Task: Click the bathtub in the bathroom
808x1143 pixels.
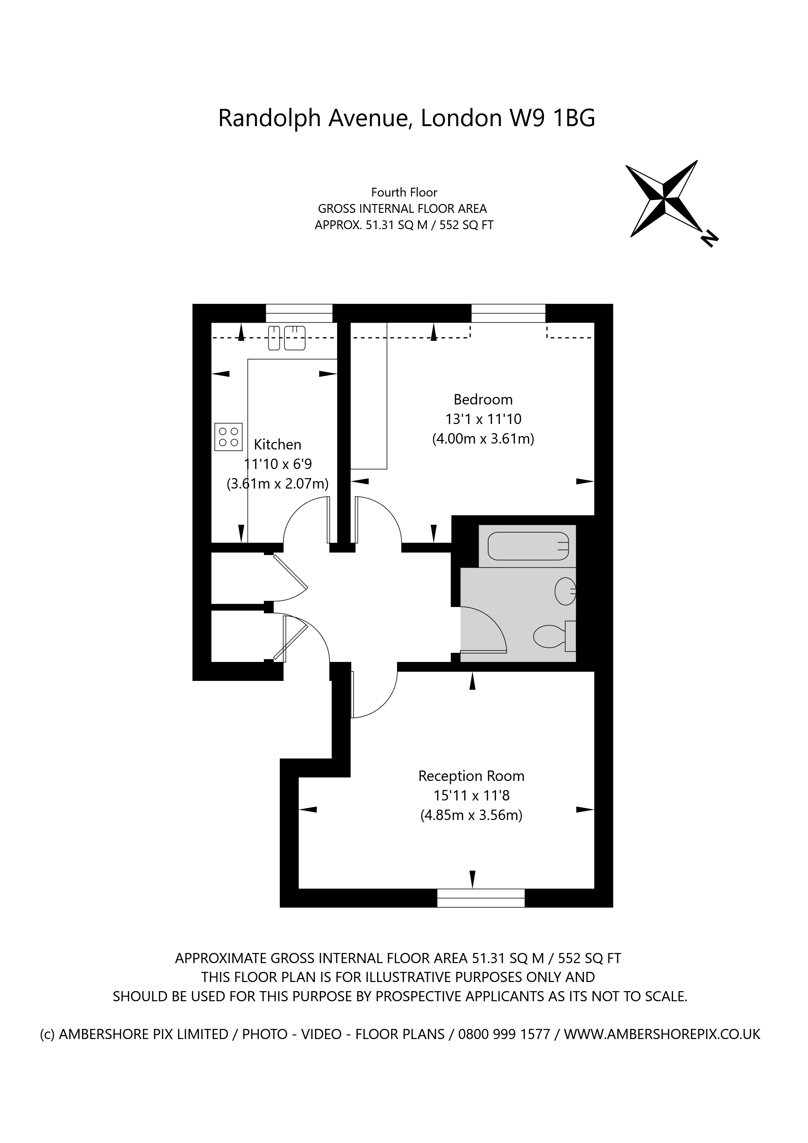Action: (x=528, y=546)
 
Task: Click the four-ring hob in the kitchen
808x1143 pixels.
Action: (x=228, y=437)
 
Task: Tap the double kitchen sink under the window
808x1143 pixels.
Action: (x=287, y=338)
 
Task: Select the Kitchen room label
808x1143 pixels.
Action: (x=277, y=445)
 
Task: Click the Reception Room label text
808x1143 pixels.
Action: (x=471, y=776)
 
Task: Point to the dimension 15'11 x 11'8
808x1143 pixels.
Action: (x=471, y=796)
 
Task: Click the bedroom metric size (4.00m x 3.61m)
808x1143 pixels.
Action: (x=483, y=439)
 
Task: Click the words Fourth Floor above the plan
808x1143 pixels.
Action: (x=404, y=193)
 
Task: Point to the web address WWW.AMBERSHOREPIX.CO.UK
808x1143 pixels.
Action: (x=662, y=1034)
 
